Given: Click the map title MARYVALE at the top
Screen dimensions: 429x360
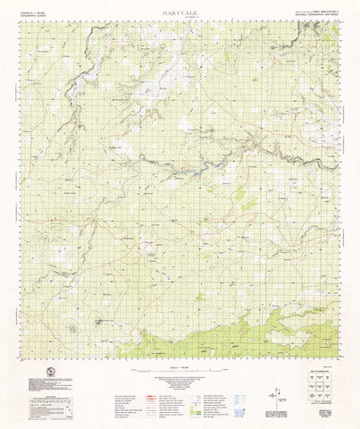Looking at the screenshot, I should click(x=180, y=13).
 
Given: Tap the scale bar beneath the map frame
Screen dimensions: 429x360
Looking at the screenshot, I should click(x=180, y=368).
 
